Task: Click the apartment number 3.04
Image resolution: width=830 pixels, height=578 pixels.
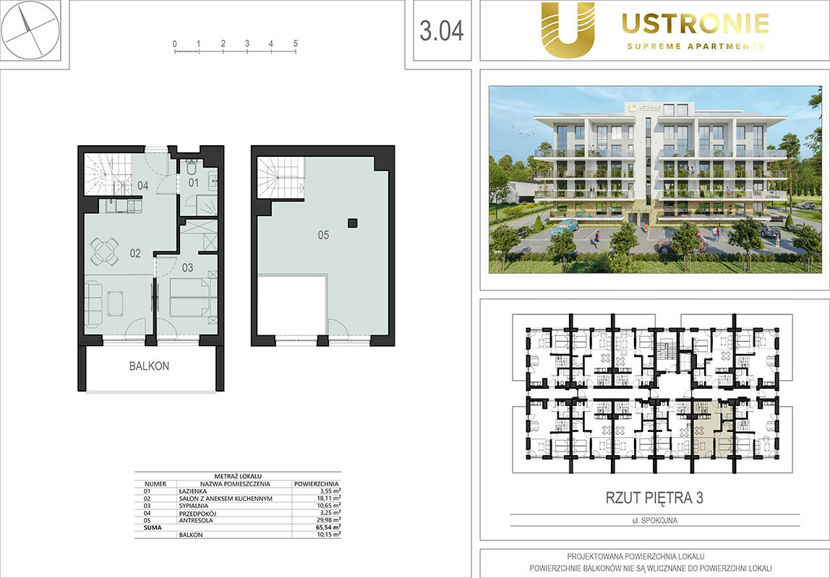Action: pyautogui.click(x=442, y=30)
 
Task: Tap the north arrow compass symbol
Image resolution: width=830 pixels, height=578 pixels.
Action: pyautogui.click(x=30, y=30)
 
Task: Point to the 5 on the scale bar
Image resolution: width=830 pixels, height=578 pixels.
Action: pyautogui.click(x=296, y=43)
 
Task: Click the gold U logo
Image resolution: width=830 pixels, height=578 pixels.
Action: pyautogui.click(x=568, y=30)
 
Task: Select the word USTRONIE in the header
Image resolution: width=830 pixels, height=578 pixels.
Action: pyautogui.click(x=695, y=23)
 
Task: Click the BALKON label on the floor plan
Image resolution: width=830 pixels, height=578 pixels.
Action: pyautogui.click(x=149, y=366)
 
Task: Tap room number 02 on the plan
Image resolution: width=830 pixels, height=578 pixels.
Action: pyautogui.click(x=135, y=254)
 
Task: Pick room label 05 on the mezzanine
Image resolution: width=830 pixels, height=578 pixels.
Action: pyautogui.click(x=323, y=235)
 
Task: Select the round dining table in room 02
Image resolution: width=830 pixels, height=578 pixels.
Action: pyautogui.click(x=104, y=251)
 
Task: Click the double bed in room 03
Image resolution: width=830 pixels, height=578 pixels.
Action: pyautogui.click(x=191, y=297)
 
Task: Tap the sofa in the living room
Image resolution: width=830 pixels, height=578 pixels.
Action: pyautogui.click(x=94, y=303)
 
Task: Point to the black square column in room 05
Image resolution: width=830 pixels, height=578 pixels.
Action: pyautogui.click(x=353, y=223)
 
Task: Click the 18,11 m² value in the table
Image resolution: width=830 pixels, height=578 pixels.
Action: pyautogui.click(x=328, y=498)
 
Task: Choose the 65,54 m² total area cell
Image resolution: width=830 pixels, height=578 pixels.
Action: pyautogui.click(x=328, y=527)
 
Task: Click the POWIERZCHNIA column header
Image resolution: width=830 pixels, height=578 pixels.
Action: pyautogui.click(x=317, y=483)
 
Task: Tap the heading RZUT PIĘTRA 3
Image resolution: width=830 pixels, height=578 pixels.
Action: pyautogui.click(x=654, y=498)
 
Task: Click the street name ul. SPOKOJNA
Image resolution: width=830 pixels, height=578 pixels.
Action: pyautogui.click(x=655, y=520)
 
